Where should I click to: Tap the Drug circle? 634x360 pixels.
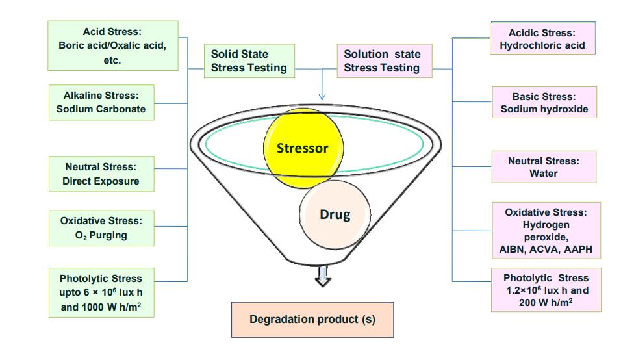[x=335, y=215]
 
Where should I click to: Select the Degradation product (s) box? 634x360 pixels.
[x=312, y=319]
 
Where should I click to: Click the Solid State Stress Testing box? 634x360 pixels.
[x=249, y=61]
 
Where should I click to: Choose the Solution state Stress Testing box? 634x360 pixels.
[x=383, y=61]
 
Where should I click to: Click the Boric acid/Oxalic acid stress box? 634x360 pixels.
[x=112, y=45]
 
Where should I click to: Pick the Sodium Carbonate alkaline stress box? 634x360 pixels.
[x=101, y=102]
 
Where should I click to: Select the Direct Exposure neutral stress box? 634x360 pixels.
[x=101, y=174]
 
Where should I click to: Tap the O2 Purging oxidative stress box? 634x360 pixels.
[x=101, y=227]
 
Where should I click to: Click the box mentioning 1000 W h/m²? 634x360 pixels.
[x=101, y=293]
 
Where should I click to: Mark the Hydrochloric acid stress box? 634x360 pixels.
[x=542, y=39]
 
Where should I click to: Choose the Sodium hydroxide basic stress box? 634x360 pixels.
[x=544, y=103]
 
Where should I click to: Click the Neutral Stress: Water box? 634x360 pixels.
[x=543, y=167]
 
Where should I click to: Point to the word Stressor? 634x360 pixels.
[x=303, y=148]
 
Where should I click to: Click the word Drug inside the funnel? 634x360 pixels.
[x=335, y=214]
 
